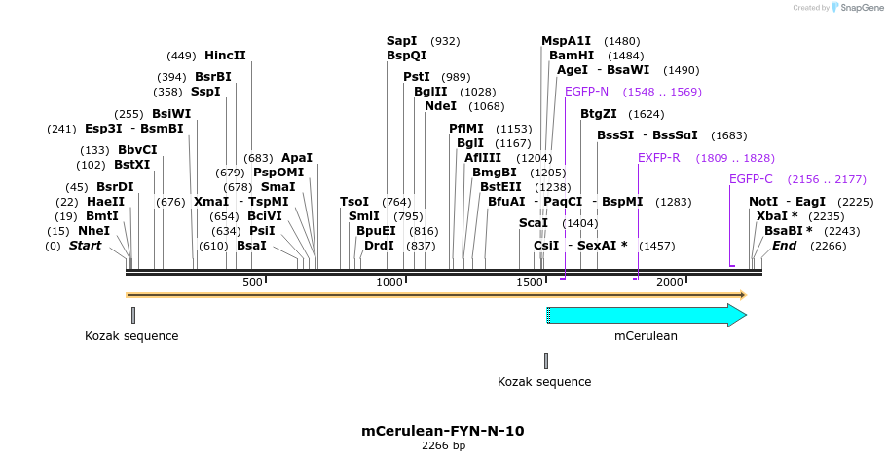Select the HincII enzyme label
pos(225,56)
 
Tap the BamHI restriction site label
pos(572,56)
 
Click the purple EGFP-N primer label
pos(586,92)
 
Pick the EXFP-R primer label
pos(659,157)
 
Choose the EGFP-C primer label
pos(751,179)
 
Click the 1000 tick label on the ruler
pos(389,282)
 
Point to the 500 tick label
pos(252,282)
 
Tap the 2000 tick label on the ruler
pos(669,282)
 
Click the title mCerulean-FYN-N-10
pos(443,430)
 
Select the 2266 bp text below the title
pos(443,446)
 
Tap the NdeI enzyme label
pos(440,106)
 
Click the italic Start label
pos(85,246)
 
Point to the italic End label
pos(784,246)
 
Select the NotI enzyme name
pos(762,202)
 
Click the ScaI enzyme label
pos(534,223)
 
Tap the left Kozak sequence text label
pos(131,336)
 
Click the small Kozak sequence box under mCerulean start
pos(546,361)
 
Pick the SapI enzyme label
pos(401,41)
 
